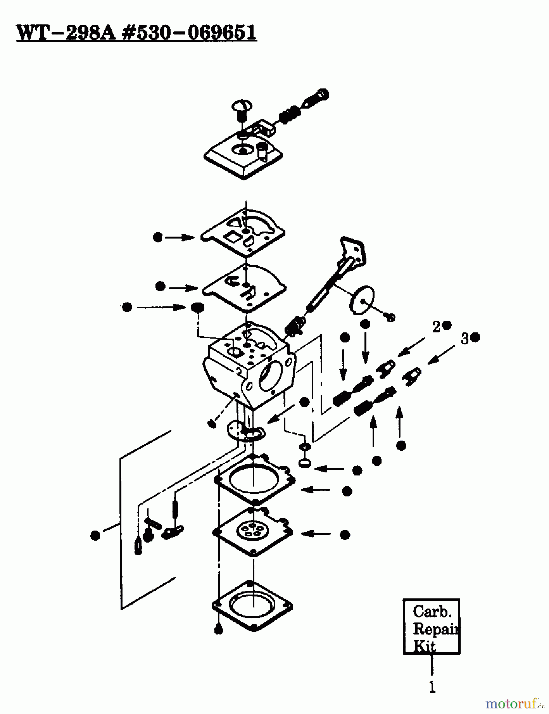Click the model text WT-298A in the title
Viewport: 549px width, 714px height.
click(x=66, y=33)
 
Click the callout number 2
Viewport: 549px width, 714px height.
click(x=436, y=327)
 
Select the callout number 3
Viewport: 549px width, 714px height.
click(x=464, y=339)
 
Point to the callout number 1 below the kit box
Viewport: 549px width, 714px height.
click(x=432, y=687)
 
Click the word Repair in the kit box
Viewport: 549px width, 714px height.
click(x=435, y=630)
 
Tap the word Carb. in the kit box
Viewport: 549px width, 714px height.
click(x=432, y=611)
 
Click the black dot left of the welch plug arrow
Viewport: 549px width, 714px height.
click(x=127, y=307)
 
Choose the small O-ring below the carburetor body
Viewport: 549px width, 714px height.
click(x=305, y=463)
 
